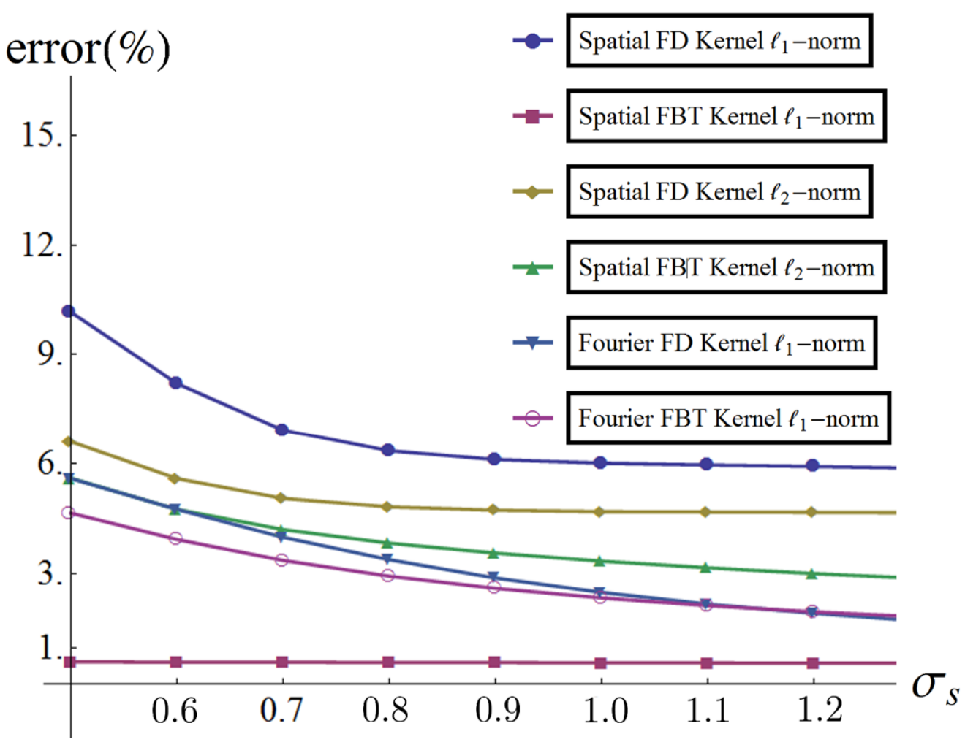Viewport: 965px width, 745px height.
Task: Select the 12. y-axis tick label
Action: pos(43,245)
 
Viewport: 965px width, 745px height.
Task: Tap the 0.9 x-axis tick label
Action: pos(497,711)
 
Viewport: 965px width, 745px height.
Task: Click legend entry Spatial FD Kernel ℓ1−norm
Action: pos(719,41)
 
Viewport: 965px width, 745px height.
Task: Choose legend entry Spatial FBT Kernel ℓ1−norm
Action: pos(727,116)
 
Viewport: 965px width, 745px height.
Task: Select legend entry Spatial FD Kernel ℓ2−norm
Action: pos(719,191)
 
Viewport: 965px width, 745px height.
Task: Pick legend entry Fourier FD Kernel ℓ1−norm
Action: pos(722,343)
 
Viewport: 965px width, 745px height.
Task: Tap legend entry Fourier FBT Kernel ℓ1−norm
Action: pos(728,419)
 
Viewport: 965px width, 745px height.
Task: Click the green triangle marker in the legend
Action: pos(532,267)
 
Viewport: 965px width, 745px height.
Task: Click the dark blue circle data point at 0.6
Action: pos(175,383)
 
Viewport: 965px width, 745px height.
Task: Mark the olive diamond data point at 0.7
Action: pos(281,498)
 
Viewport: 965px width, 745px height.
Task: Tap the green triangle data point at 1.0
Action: pos(600,561)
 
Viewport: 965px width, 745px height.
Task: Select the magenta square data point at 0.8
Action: pos(389,662)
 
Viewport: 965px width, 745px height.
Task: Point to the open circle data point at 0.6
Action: pos(175,539)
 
